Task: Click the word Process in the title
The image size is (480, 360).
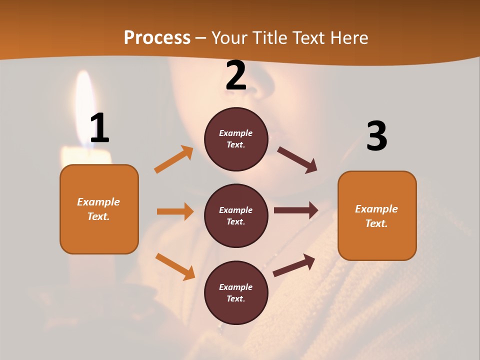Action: coord(157,38)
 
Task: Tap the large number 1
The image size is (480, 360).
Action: coord(99,128)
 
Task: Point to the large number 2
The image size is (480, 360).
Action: coord(236,75)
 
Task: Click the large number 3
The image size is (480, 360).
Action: coord(376,136)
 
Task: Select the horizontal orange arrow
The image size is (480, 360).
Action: coord(175,211)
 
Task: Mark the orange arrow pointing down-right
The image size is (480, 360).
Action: coord(175,266)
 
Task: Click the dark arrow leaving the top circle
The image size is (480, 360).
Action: coord(297,160)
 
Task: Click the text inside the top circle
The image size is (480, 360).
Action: coord(236,139)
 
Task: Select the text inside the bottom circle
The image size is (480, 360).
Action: coord(236,293)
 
